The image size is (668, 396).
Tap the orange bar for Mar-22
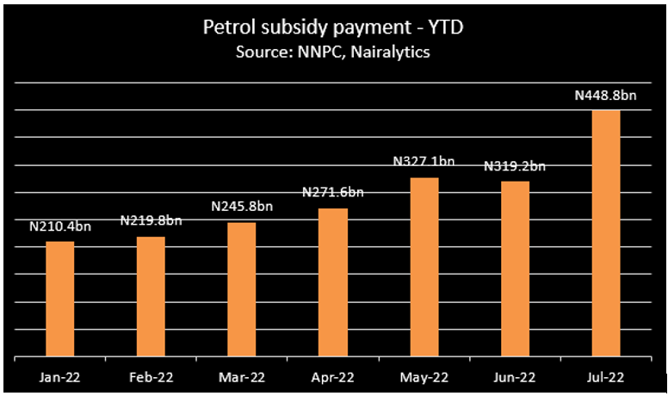(242, 289)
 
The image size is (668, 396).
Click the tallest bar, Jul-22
(606, 233)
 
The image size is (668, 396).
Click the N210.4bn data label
(59, 227)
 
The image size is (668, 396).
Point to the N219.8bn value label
(151, 221)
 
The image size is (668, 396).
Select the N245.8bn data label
(242, 207)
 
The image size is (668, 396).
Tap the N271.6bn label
(333, 192)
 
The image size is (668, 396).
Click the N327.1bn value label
(424, 161)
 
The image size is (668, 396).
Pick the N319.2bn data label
(515, 165)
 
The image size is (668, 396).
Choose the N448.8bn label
(606, 96)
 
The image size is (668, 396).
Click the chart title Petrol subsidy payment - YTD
(333, 28)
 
